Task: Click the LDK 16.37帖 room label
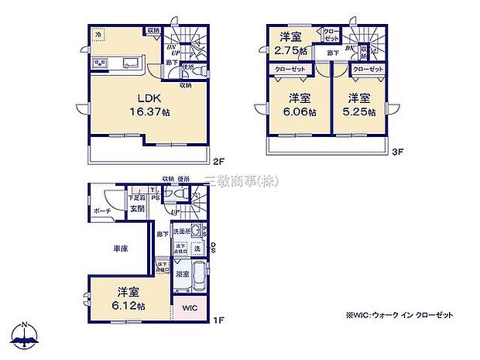(147, 104)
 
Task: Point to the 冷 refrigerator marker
(98, 35)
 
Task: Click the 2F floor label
(218, 163)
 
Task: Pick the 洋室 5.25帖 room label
(361, 104)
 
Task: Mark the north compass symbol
(24, 334)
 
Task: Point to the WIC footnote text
(393, 314)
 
